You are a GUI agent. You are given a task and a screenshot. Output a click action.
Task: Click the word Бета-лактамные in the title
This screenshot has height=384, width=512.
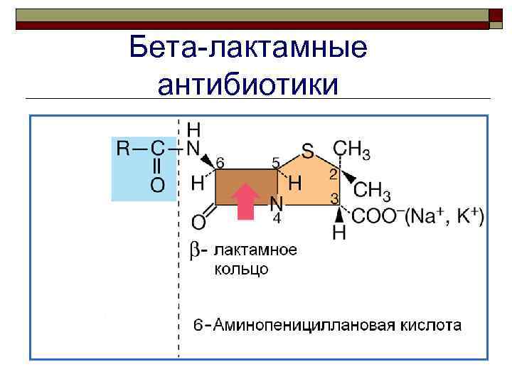pyautogui.click(x=249, y=48)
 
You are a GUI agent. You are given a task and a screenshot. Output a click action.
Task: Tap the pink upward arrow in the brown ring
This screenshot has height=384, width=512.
pyautogui.click(x=245, y=201)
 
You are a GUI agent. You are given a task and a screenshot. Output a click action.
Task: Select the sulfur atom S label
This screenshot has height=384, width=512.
pyautogui.click(x=308, y=151)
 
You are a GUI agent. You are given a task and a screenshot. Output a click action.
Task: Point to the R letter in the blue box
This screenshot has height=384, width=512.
pyautogui.click(x=124, y=149)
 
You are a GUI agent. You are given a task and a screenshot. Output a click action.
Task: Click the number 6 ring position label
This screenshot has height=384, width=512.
pyautogui.click(x=220, y=163)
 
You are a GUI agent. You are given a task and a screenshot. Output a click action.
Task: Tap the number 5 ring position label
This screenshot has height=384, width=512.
pyautogui.click(x=277, y=163)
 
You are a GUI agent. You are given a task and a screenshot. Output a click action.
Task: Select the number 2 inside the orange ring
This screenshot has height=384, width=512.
pyautogui.click(x=333, y=174)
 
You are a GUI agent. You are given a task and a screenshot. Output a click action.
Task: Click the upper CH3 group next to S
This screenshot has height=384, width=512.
pyautogui.click(x=351, y=149)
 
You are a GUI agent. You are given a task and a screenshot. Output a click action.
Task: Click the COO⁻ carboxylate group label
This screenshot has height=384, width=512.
pyautogui.click(x=376, y=215)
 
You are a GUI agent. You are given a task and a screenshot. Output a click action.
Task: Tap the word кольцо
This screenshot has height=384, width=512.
pyautogui.click(x=241, y=270)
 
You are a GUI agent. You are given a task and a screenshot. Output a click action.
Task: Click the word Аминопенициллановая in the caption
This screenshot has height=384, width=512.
pyautogui.click(x=297, y=326)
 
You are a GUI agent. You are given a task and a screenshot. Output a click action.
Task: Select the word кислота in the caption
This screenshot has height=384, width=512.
pyautogui.click(x=429, y=326)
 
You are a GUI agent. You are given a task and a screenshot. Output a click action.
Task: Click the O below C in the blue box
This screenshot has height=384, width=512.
pyautogui.click(x=157, y=186)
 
